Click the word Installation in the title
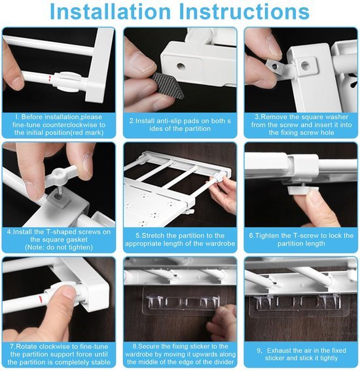coord(111,11)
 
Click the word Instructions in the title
coord(244,11)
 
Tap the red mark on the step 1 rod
coord(50,79)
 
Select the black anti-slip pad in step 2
coord(168,86)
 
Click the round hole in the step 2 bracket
coord(181,67)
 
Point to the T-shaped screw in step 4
coord(62,175)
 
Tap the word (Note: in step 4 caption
coord(35,247)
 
